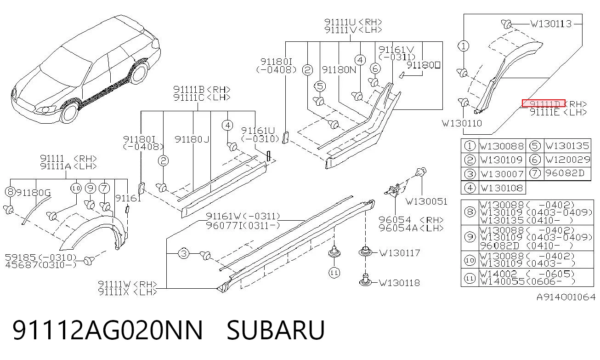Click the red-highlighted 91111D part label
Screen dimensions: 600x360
pyautogui.click(x=543, y=103)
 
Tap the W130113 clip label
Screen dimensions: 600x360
pyautogui.click(x=551, y=24)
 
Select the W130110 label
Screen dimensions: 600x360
pyautogui.click(x=462, y=123)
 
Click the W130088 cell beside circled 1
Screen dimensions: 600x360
pyautogui.click(x=501, y=146)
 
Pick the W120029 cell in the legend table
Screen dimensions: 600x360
pyautogui.click(x=567, y=160)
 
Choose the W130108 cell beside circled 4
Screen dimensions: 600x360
pyautogui.click(x=501, y=188)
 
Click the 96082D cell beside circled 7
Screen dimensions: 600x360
pyautogui.click(x=565, y=173)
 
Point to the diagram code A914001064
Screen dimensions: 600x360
pyautogui.click(x=566, y=297)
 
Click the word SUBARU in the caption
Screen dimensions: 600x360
pyautogui.click(x=276, y=330)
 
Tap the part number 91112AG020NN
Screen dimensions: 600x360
pyautogui.click(x=108, y=330)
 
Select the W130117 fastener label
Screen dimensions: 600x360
pyautogui.click(x=399, y=253)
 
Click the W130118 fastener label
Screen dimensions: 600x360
pyautogui.click(x=399, y=283)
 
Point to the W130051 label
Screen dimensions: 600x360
pyautogui.click(x=426, y=201)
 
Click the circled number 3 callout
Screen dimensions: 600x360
pyautogui.click(x=184, y=253)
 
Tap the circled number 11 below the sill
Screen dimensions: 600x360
pyautogui.click(x=334, y=273)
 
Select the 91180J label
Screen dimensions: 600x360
pyautogui.click(x=192, y=139)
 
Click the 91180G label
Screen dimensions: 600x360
pyautogui.click(x=34, y=193)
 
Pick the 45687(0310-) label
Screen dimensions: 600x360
pyautogui.click(x=41, y=265)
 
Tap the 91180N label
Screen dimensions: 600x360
pyautogui.click(x=339, y=70)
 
